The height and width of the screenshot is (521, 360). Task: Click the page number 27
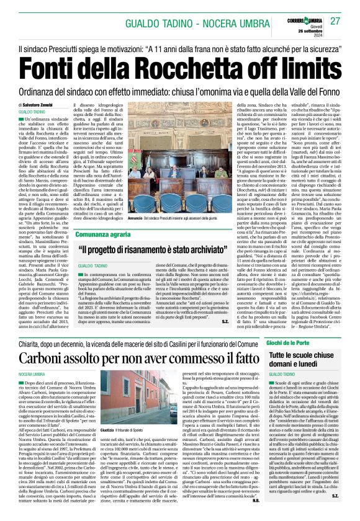tap(335, 21)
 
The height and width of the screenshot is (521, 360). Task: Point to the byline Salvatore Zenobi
tap(43, 107)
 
